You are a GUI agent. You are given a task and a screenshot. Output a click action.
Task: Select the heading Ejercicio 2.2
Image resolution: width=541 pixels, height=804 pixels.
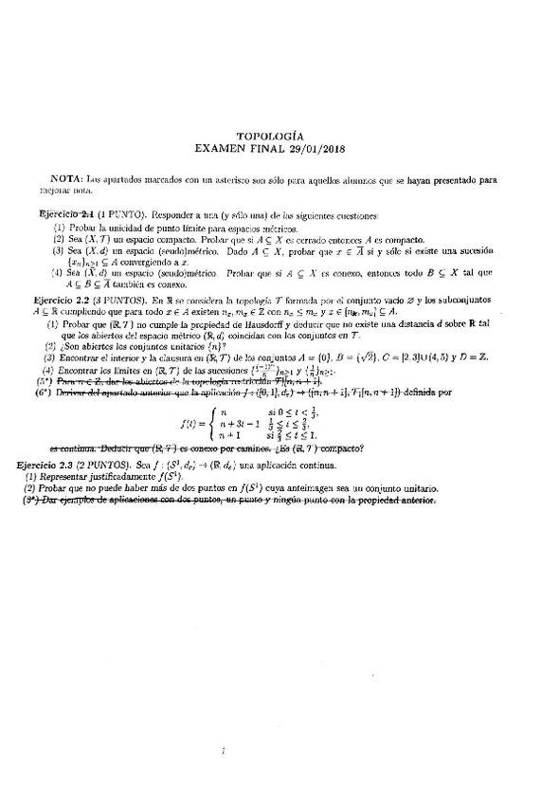[x=63, y=299]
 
